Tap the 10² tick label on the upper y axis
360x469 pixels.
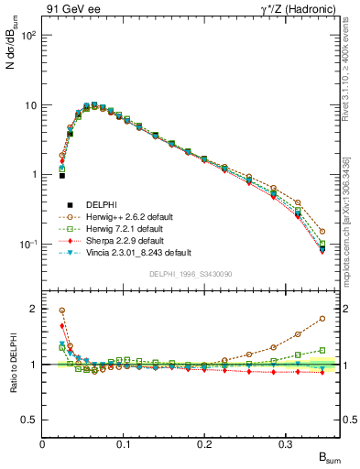click(29, 35)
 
